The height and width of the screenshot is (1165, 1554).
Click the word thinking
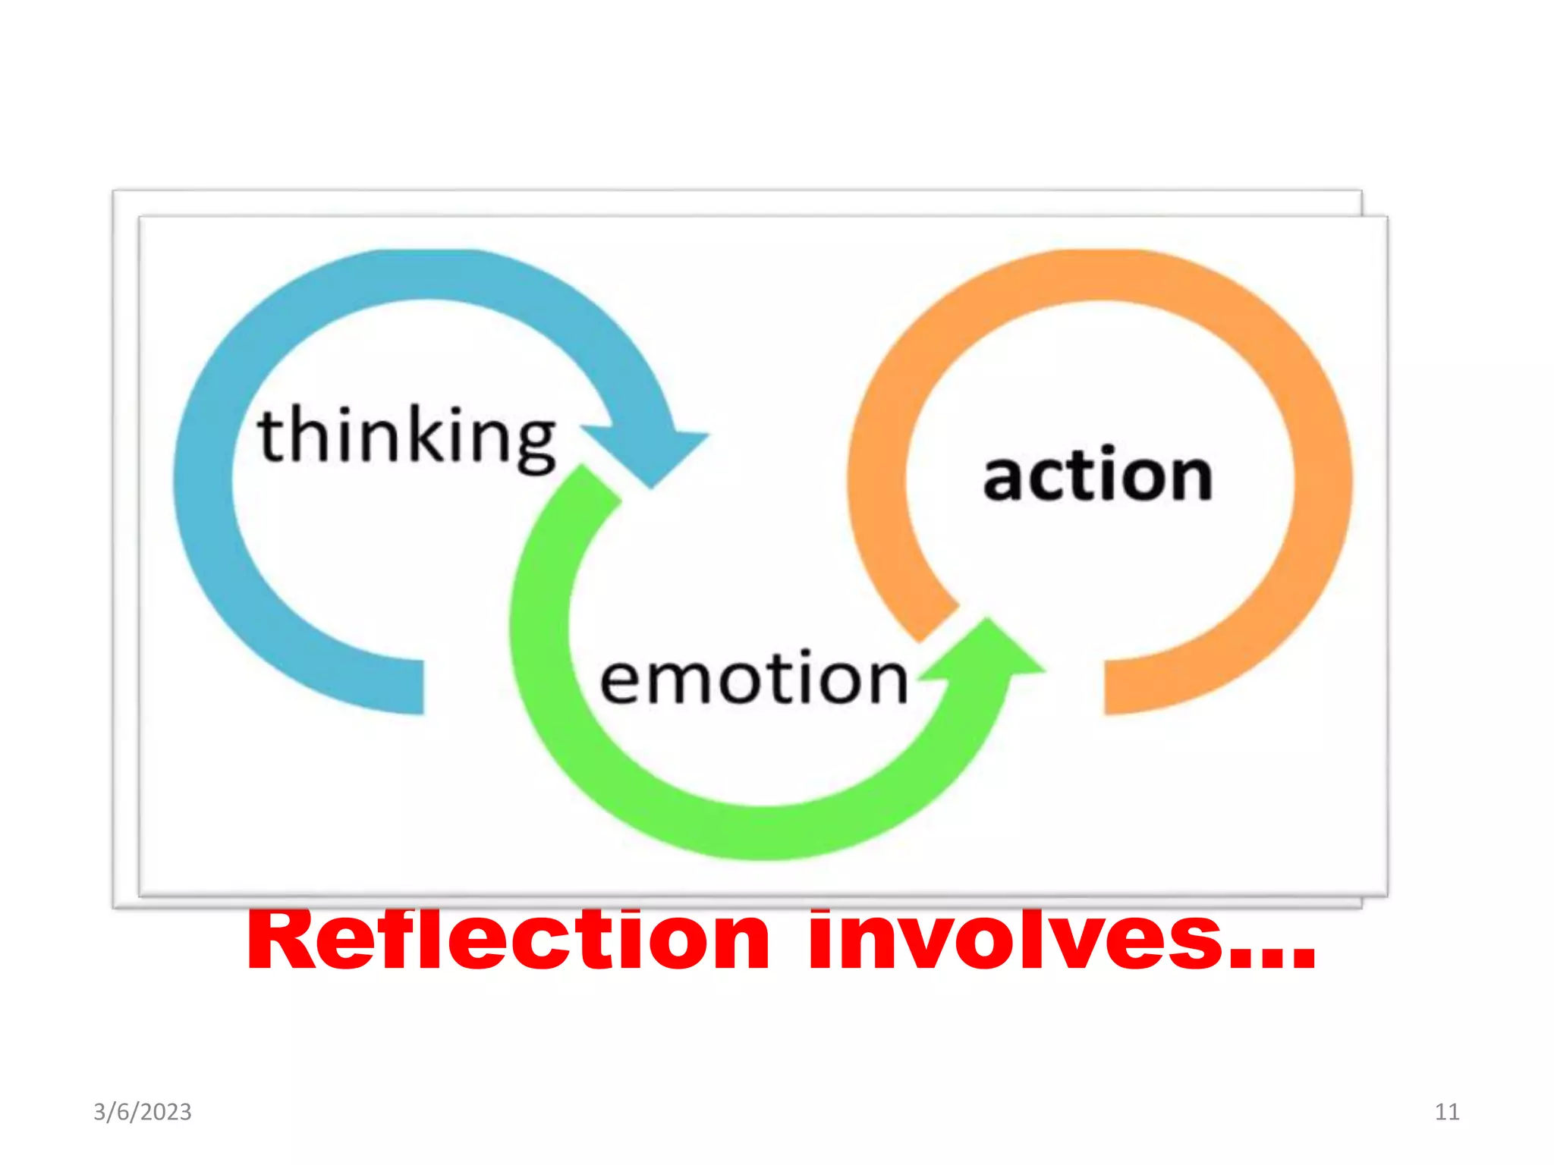(407, 435)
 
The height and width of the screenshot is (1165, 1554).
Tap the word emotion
(753, 678)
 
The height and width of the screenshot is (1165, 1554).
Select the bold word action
(1097, 476)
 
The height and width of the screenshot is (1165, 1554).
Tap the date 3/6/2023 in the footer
(143, 1112)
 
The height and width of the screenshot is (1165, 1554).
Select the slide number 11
(1447, 1112)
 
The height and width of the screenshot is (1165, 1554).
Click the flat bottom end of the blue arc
(414, 686)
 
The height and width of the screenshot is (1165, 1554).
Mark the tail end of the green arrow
(592, 485)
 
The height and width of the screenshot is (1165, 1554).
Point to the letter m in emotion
(685, 680)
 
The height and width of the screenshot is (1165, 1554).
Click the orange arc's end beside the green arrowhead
(939, 622)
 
